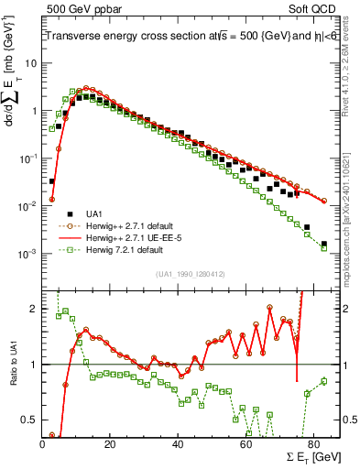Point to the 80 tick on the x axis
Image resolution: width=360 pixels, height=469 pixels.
click(x=313, y=444)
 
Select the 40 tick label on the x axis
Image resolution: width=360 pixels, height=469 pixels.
click(x=178, y=444)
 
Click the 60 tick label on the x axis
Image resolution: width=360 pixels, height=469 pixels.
click(x=245, y=444)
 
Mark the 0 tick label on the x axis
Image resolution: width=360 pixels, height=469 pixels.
click(x=43, y=444)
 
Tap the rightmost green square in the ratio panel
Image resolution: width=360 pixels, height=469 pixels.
click(x=323, y=381)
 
